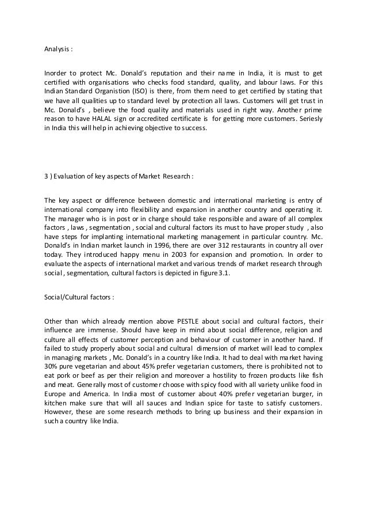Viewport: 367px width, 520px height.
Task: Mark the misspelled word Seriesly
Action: click(309, 118)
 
